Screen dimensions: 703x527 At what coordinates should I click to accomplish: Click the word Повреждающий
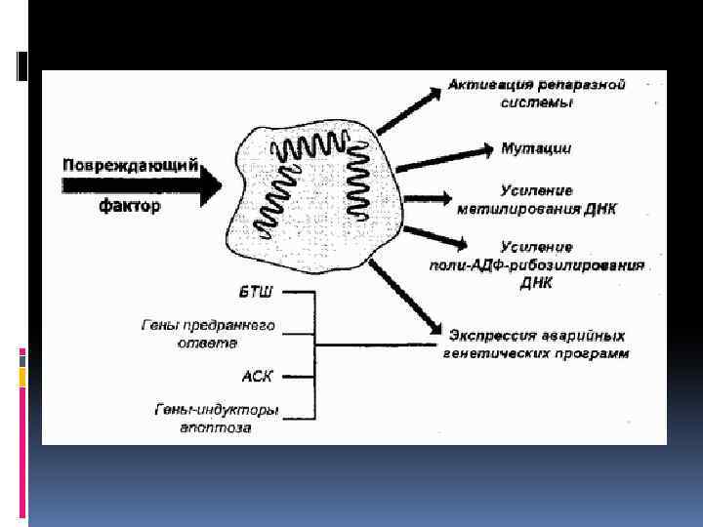pyautogui.click(x=130, y=165)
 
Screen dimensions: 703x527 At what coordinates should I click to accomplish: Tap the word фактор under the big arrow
pyautogui.click(x=130, y=206)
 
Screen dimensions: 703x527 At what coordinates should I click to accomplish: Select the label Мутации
pyautogui.click(x=536, y=148)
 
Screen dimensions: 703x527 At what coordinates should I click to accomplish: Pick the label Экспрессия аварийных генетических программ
pyautogui.click(x=537, y=343)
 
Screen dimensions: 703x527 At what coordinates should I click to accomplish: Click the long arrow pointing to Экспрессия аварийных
pyautogui.click(x=406, y=292)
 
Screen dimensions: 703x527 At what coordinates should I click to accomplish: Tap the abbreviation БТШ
pyautogui.click(x=257, y=292)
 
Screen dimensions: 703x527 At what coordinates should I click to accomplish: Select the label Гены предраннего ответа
pyautogui.click(x=223, y=334)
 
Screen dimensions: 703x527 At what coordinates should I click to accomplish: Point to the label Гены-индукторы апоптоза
pyautogui.click(x=216, y=418)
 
